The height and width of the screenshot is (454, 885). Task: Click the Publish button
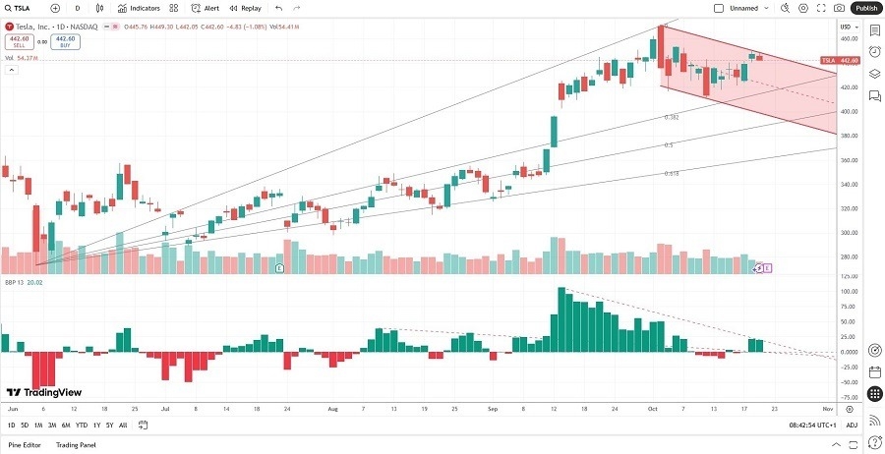coord(866,8)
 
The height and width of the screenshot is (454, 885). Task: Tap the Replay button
coord(246,8)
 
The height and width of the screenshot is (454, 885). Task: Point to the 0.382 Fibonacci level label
coord(672,117)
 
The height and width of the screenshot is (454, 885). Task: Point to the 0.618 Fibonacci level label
coord(672,173)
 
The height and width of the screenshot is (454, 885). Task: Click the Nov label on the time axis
coord(827,406)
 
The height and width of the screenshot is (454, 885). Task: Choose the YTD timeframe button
coord(81,426)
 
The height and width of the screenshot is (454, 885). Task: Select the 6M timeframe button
coord(65,426)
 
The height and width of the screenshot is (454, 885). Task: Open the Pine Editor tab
coord(26,445)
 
